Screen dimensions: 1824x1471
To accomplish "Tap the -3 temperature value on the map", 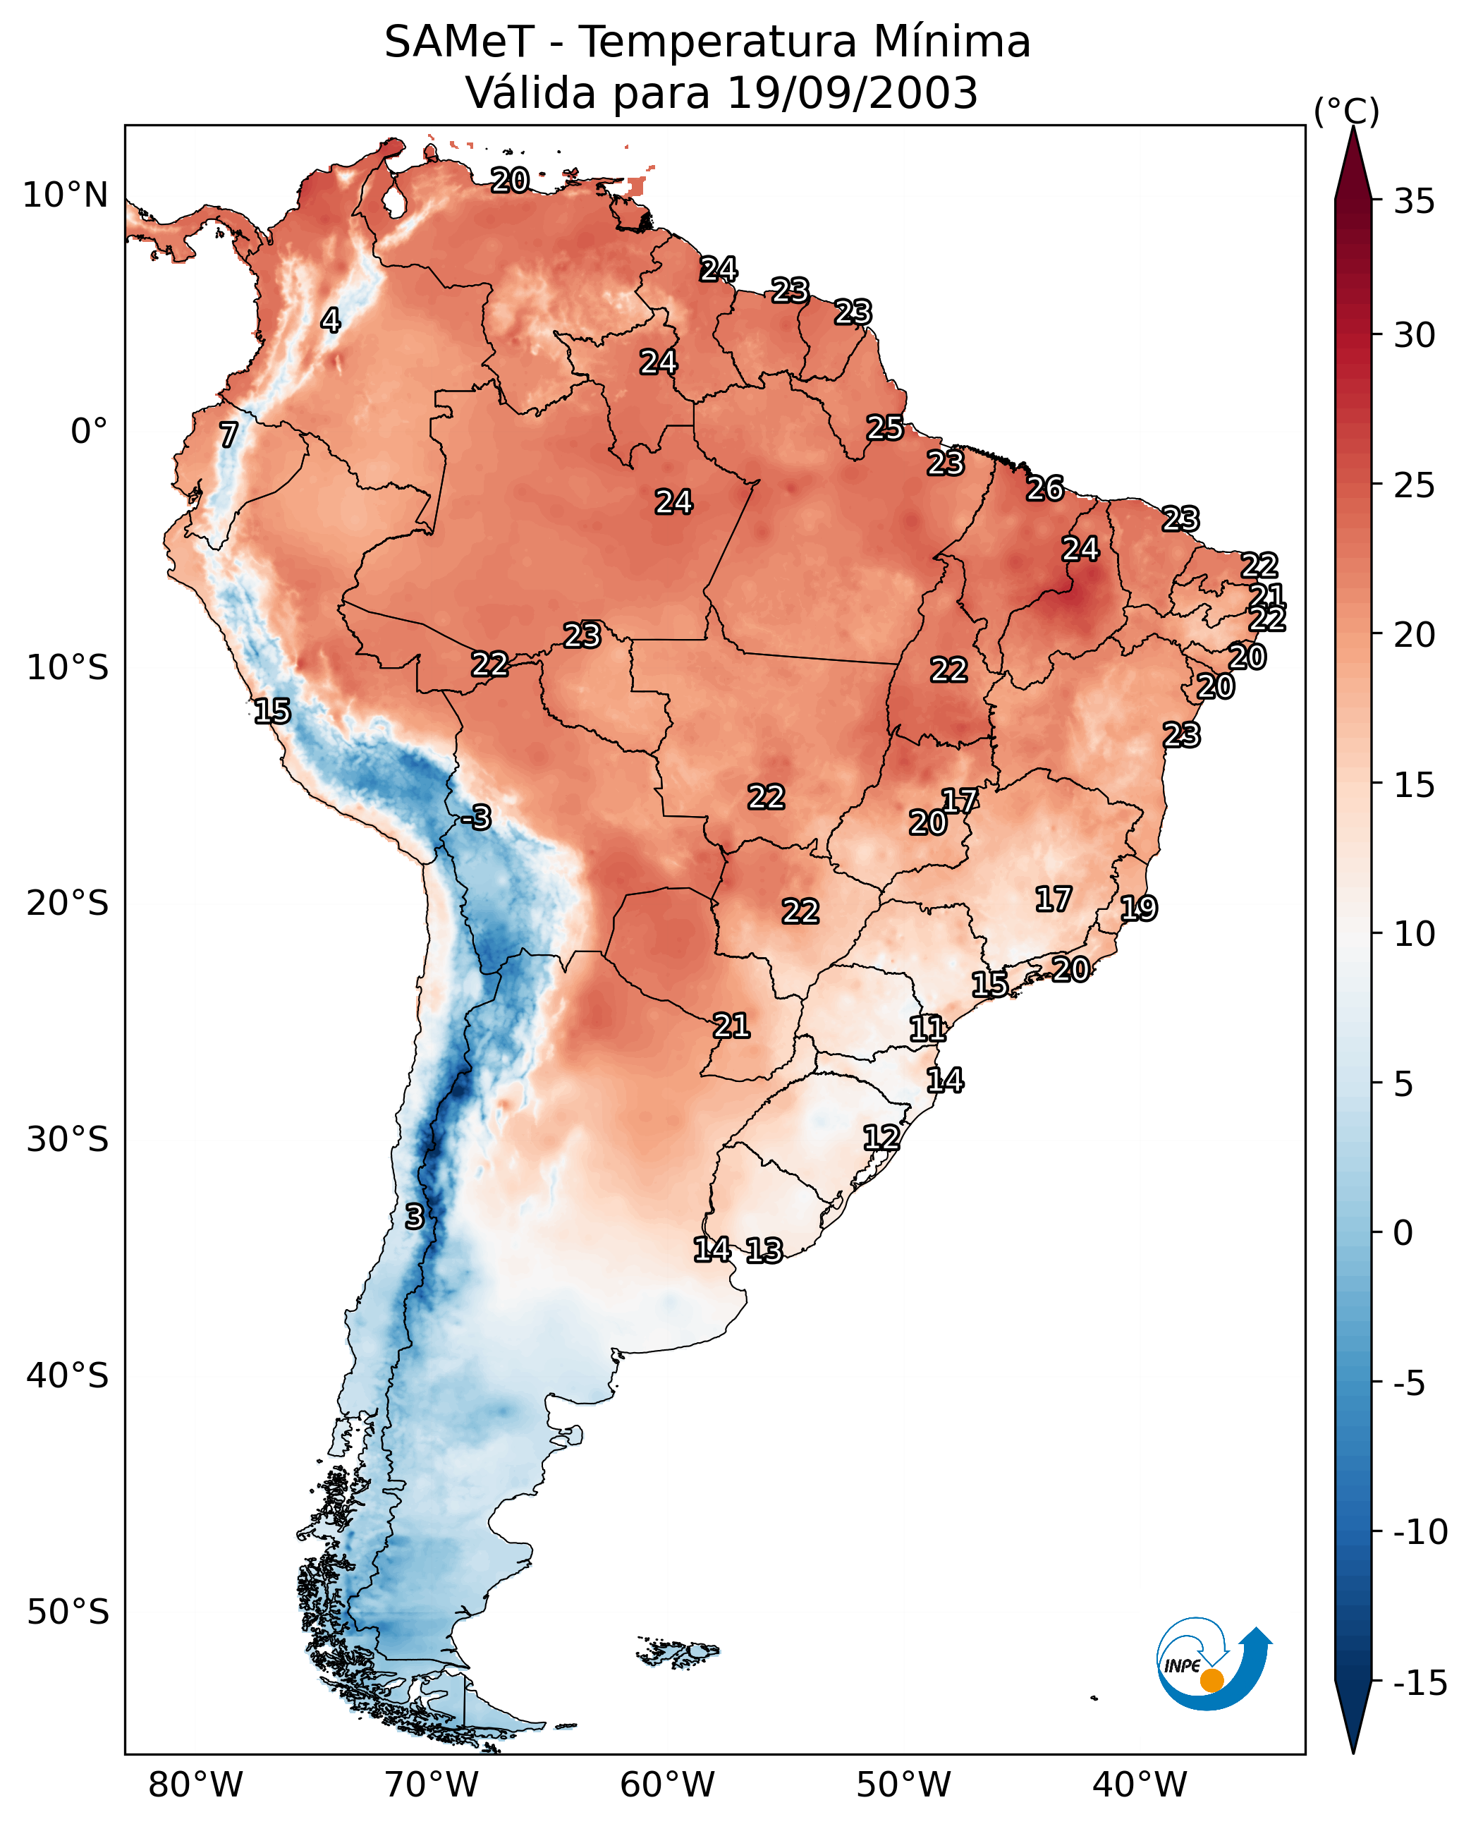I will pyautogui.click(x=477, y=817).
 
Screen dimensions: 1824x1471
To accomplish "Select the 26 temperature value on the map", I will pyautogui.click(x=1045, y=488).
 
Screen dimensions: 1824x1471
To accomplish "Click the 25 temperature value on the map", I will pyautogui.click(x=884, y=427).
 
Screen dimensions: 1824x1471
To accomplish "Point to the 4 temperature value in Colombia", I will pyautogui.click(x=331, y=320).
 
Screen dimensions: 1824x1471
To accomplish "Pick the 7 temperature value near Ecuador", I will pyautogui.click(x=228, y=434).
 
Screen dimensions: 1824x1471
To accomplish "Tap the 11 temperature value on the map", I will pyautogui.click(x=927, y=1029).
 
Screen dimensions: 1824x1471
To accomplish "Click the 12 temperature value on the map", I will pyautogui.click(x=881, y=1138).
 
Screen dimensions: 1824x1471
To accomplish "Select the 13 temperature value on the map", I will pyautogui.click(x=764, y=1250).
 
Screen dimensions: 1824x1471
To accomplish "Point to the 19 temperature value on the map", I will pyautogui.click(x=1139, y=908).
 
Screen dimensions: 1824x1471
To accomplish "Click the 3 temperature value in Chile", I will pyautogui.click(x=413, y=1216).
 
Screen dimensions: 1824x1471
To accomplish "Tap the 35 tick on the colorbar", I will pyautogui.click(x=1414, y=202).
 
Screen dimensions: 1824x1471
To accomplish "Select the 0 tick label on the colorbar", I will pyautogui.click(x=1403, y=1232).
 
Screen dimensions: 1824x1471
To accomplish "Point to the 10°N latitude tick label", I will pyautogui.click(x=66, y=196).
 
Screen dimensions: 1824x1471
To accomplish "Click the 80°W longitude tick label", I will pyautogui.click(x=196, y=1785).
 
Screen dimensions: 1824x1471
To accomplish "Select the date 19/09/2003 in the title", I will pyautogui.click(x=853, y=93).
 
